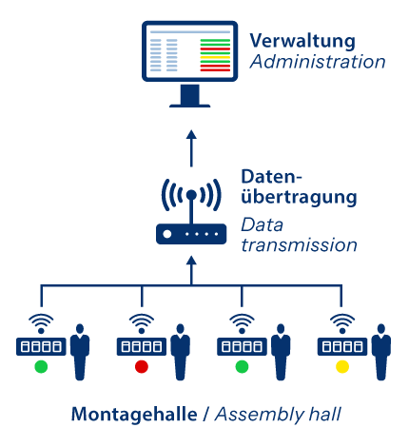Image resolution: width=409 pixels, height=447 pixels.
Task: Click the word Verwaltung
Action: (302, 42)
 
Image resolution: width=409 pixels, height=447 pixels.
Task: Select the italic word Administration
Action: (317, 63)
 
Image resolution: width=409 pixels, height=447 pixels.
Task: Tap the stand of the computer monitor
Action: (189, 96)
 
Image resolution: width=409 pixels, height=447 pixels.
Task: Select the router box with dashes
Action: (191, 234)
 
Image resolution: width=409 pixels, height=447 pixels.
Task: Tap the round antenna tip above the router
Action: (191, 195)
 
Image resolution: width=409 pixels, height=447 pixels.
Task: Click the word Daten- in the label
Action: (271, 178)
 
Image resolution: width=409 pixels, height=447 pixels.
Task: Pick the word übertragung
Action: (299, 198)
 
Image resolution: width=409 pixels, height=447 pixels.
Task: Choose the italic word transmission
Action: (299, 245)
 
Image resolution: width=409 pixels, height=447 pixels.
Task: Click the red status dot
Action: (141, 366)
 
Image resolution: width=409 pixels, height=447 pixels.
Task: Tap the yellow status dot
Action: (342, 366)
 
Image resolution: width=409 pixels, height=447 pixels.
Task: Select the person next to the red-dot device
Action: (181, 352)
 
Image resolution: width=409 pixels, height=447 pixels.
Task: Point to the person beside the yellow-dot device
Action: (381, 352)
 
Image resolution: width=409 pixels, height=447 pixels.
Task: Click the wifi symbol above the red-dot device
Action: (141, 321)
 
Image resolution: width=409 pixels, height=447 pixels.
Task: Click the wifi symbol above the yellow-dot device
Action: (342, 321)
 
